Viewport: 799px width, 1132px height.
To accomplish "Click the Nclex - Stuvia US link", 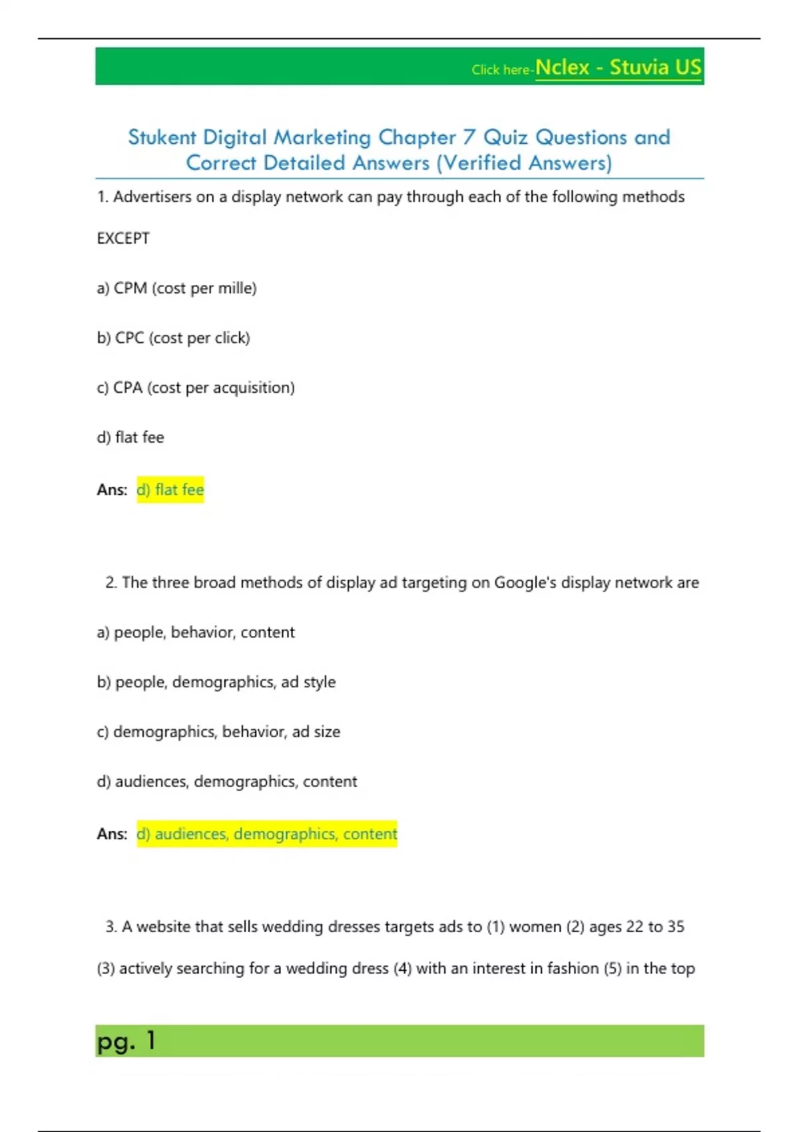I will coord(618,68).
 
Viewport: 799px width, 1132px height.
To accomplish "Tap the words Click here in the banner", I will coord(500,70).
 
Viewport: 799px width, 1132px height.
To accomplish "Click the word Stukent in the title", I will coord(162,137).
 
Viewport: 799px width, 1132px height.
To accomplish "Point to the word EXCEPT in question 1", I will coord(123,238).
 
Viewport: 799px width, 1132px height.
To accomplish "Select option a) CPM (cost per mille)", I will coord(176,288).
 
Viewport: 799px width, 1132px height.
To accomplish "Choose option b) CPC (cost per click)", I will coord(173,338).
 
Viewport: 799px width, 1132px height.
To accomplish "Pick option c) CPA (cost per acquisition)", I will coord(196,388).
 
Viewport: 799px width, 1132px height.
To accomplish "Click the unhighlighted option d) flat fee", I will coord(131,437).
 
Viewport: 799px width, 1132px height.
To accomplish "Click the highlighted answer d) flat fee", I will coord(170,490).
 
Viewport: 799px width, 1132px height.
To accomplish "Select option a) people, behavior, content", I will coord(196,633).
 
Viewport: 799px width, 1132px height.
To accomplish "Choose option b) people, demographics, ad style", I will coord(216,683).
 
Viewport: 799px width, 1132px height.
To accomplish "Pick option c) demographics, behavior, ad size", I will coord(218,732).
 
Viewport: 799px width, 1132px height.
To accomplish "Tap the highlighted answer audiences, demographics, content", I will coord(267,834).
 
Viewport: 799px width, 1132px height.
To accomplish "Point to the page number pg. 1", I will coord(127,1041).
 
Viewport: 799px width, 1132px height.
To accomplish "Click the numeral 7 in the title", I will coord(469,137).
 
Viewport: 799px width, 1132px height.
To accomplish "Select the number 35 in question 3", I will coord(676,927).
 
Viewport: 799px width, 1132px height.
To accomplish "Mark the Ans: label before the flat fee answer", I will coord(112,490).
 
